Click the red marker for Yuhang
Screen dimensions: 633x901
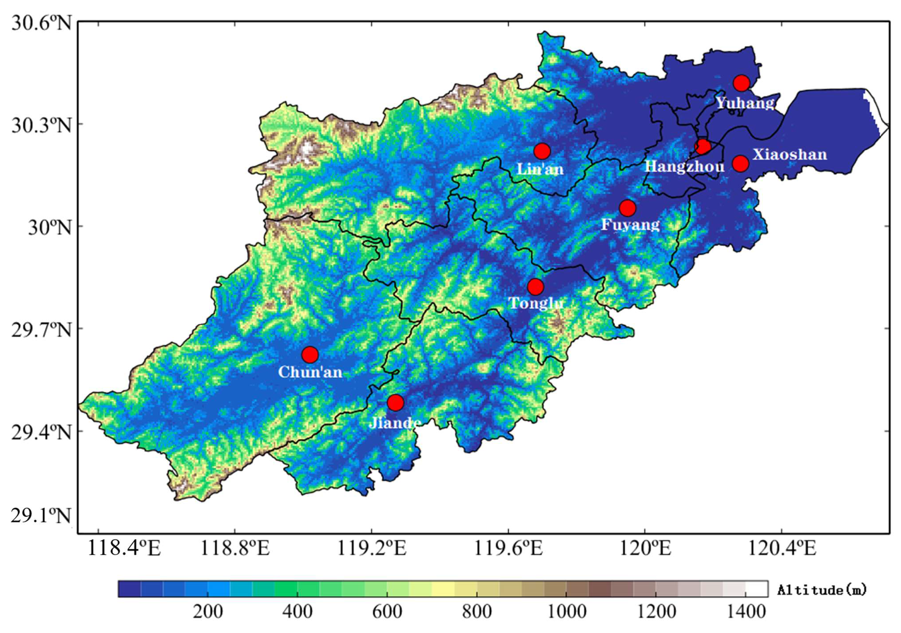coord(741,83)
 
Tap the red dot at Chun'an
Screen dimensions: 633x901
coord(310,354)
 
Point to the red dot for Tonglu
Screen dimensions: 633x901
coord(536,287)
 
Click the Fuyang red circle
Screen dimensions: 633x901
coord(627,207)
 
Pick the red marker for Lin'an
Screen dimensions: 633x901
coord(542,151)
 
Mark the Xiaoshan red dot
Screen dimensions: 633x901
coord(740,163)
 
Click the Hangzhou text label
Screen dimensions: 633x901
coord(684,167)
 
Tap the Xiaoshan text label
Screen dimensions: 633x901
coord(789,154)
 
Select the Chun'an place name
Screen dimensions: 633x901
coord(310,372)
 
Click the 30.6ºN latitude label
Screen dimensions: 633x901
coord(41,22)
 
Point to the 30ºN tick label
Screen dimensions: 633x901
coord(49,227)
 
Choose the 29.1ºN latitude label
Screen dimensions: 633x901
coord(41,516)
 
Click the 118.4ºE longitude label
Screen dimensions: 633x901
coord(124,548)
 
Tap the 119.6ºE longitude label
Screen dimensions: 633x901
coord(508,548)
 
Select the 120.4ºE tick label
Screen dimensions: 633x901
coord(782,548)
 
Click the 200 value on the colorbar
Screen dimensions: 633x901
coord(207,612)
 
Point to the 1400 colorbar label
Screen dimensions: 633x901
coord(746,612)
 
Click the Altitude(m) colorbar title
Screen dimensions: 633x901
coord(822,590)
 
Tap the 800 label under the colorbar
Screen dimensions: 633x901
coord(476,612)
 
